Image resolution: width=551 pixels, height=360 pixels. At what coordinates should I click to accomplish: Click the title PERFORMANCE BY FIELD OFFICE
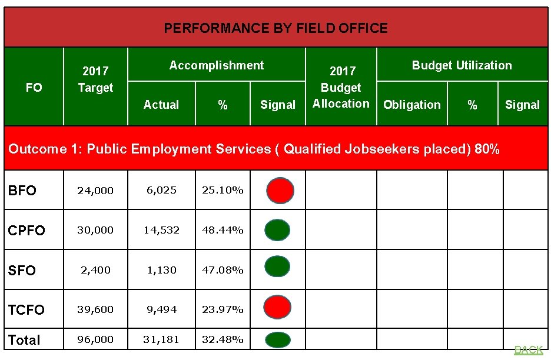[275, 28]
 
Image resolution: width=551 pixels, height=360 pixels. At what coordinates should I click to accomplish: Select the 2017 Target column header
[95, 79]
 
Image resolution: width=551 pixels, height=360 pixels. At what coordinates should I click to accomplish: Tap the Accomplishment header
[216, 65]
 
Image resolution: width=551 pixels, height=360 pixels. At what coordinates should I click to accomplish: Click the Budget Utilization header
[462, 65]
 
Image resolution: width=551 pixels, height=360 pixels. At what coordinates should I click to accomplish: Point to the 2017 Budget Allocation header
[341, 87]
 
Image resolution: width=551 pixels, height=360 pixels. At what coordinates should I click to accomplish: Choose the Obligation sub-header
[411, 105]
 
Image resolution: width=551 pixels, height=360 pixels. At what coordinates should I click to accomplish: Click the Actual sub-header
[161, 105]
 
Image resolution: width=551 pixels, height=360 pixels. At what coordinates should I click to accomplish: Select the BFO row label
[22, 191]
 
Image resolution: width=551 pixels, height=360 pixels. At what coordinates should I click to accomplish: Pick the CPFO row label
[26, 231]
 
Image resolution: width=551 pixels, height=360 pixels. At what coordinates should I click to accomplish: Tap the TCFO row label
[26, 309]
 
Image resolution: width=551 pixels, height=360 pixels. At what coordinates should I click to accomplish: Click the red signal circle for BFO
[280, 191]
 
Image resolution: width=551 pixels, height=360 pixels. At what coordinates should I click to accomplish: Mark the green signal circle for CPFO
[277, 230]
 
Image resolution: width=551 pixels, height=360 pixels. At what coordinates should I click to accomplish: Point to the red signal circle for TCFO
[278, 308]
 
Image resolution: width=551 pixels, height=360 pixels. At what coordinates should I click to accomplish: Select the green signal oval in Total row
[277, 340]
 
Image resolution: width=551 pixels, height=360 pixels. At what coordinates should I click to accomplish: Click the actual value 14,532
[161, 230]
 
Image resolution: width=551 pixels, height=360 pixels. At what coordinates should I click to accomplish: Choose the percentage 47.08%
[223, 270]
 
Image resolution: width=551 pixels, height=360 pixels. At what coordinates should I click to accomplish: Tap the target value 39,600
[95, 309]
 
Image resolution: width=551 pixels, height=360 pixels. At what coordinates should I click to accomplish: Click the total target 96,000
[95, 339]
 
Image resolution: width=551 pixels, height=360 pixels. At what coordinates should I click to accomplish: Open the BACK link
[528, 350]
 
